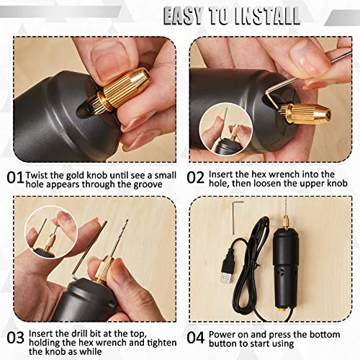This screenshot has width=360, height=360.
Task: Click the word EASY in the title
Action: click(x=183, y=16)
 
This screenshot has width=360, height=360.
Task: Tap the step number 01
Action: click(x=15, y=178)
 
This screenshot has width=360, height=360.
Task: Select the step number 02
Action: click(x=196, y=178)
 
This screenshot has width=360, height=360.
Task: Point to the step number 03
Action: click(x=16, y=338)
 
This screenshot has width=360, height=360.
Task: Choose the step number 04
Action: click(x=196, y=338)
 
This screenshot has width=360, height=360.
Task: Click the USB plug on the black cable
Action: click(x=227, y=267)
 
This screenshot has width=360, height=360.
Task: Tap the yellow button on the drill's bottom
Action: click(x=282, y=310)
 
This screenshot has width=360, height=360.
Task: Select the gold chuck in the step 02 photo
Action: click(x=305, y=113)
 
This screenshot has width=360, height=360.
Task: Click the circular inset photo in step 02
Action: click(x=225, y=130)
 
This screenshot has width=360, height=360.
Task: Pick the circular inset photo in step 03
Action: click(x=51, y=233)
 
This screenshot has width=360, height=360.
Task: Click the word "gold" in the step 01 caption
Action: click(x=75, y=176)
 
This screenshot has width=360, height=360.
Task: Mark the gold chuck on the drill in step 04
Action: click(x=286, y=222)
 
